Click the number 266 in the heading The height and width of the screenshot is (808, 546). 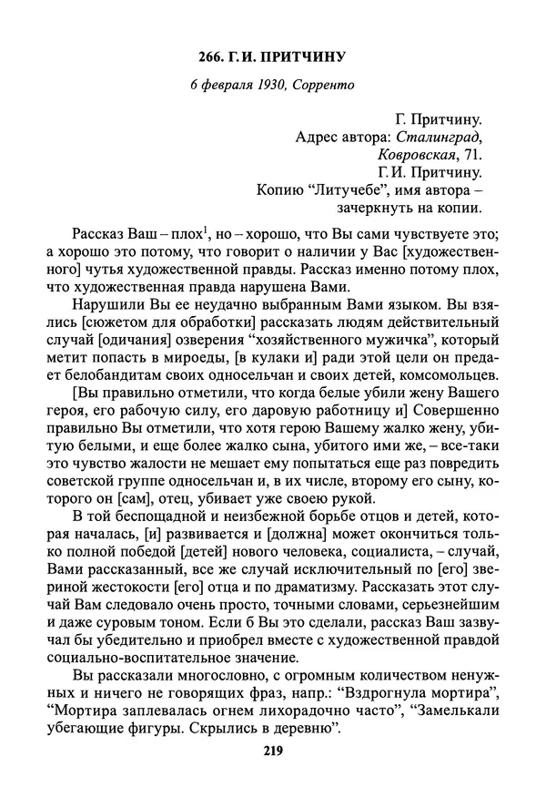coord(212,59)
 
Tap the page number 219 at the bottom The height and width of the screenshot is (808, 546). coord(272,752)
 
